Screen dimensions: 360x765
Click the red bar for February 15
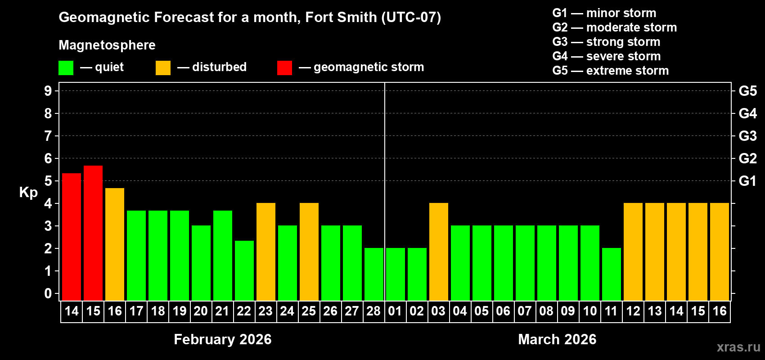click(x=93, y=233)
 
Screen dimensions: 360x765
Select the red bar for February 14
click(x=72, y=237)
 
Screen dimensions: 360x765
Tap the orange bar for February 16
click(x=115, y=244)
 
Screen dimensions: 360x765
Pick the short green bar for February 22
click(x=244, y=270)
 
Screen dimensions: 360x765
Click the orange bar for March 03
click(x=439, y=252)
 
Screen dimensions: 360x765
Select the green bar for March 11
click(x=612, y=274)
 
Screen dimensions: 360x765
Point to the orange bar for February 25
click(x=309, y=252)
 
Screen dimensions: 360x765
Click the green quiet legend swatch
click(x=66, y=68)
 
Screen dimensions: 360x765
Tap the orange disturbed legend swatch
click(x=163, y=68)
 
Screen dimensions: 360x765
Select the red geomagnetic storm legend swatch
click(x=284, y=68)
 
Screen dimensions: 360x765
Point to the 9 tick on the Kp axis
click(x=48, y=91)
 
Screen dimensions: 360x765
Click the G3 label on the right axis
click(x=747, y=136)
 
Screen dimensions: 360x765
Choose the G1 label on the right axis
click(x=747, y=181)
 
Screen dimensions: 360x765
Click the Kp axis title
click(x=28, y=193)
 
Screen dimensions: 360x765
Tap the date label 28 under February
click(x=373, y=311)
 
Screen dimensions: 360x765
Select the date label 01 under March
click(x=395, y=311)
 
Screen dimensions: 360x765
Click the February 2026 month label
click(x=223, y=339)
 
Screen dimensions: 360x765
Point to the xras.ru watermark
click(x=738, y=347)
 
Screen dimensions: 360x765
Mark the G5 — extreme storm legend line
click(x=610, y=71)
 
